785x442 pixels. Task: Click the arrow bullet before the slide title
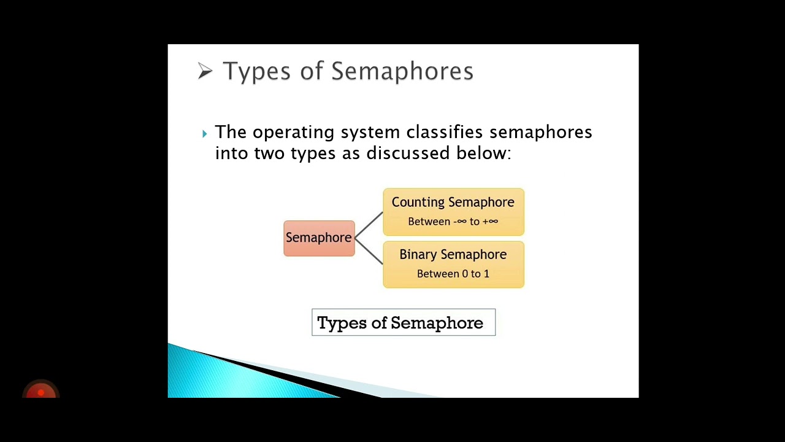[205, 71]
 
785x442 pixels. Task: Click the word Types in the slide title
[256, 71]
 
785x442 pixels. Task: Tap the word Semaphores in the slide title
[402, 71]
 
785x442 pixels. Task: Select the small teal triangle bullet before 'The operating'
[204, 133]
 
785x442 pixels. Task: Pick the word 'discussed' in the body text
[408, 153]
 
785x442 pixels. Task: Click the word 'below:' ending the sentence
[483, 153]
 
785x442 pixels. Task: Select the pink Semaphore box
[319, 238]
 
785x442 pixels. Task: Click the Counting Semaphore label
[453, 203]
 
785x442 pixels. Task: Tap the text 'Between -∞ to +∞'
[453, 222]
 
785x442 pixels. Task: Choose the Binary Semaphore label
[453, 255]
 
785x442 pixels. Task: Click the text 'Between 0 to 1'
[453, 274]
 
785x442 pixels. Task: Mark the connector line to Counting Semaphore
[369, 225]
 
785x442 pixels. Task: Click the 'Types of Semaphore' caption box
[403, 322]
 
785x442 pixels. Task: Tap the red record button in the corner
[40, 391]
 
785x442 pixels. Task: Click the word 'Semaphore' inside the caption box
[437, 323]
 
